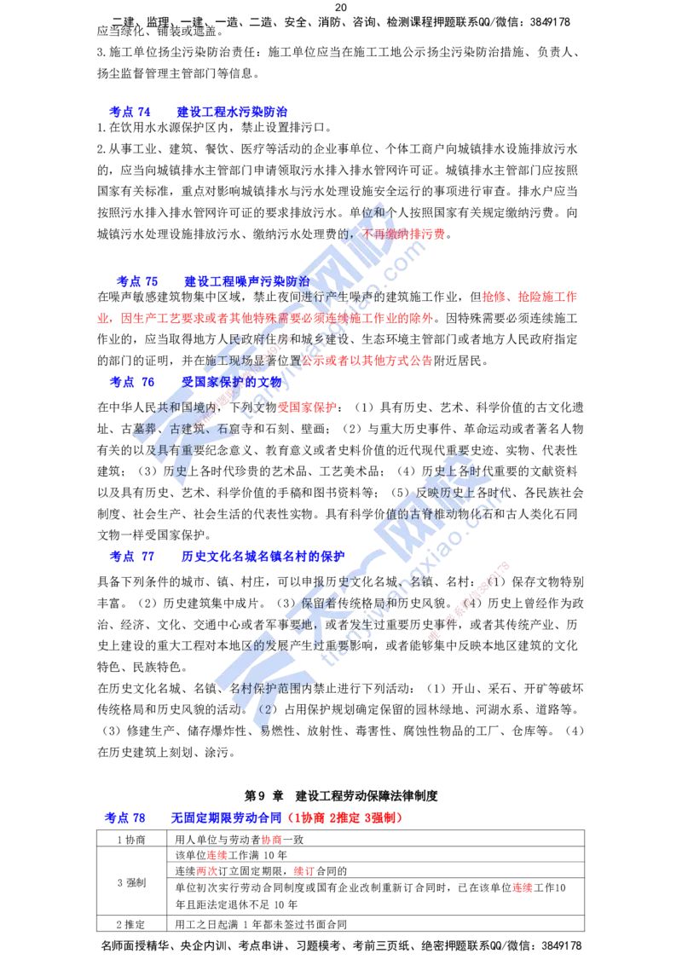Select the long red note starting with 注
point(265,318)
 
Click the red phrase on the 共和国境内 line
point(307,407)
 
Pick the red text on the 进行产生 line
point(529,298)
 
